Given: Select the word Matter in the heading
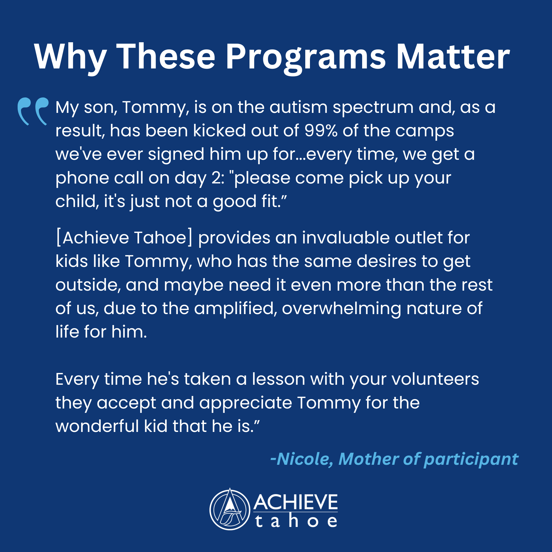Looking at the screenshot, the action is click(453, 56).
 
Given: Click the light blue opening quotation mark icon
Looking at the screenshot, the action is click(33, 112).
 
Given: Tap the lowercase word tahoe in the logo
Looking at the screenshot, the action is click(296, 521).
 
